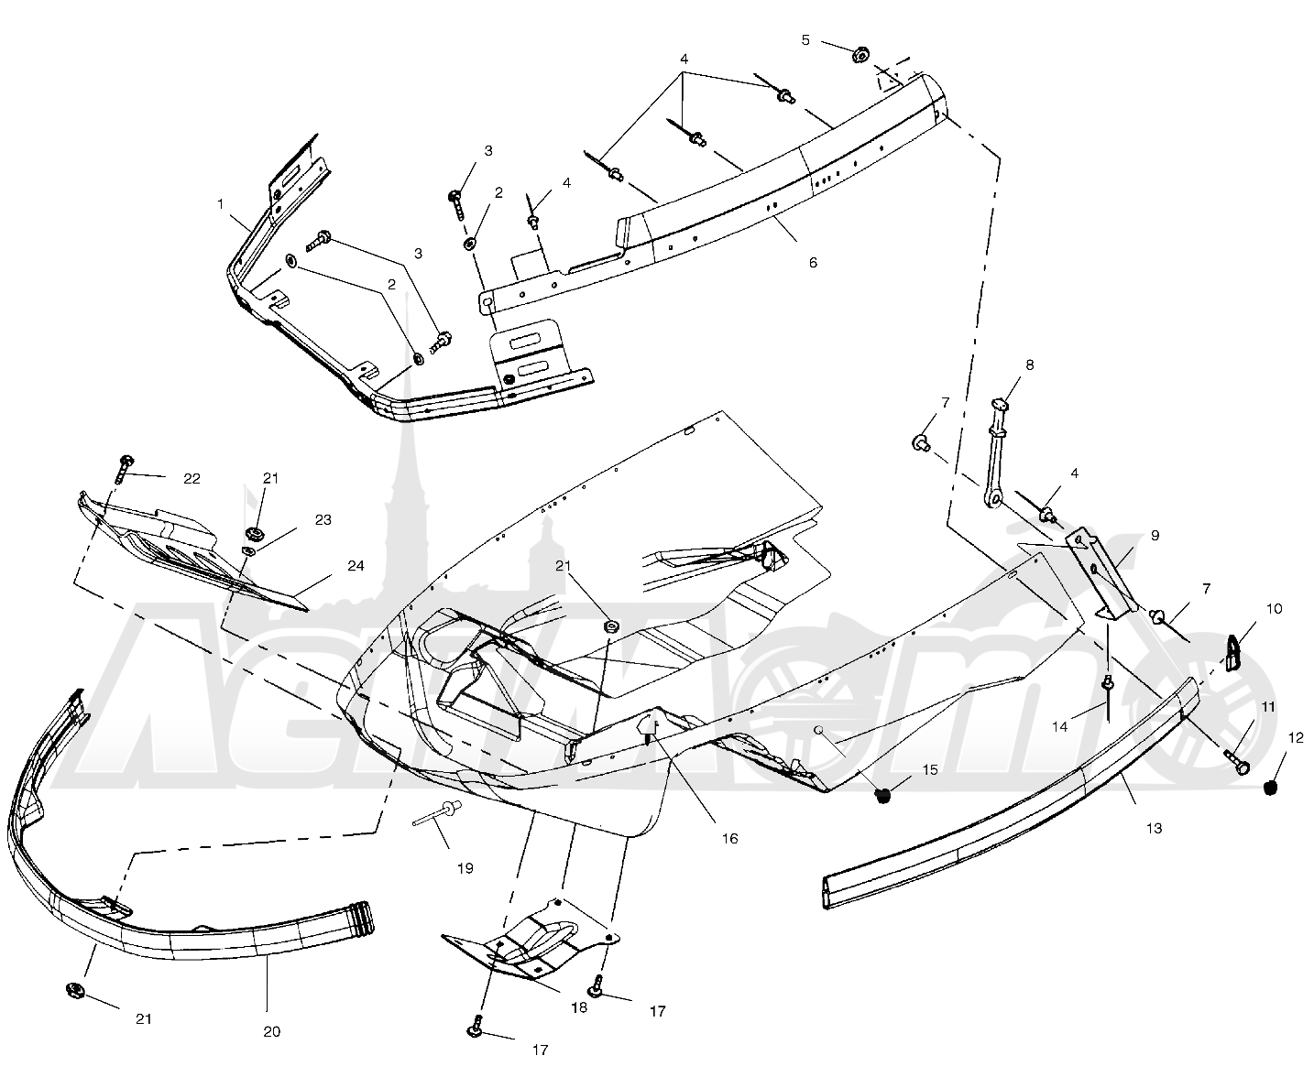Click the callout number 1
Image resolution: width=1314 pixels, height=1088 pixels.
220,203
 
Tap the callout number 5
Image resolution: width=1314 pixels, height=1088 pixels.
805,41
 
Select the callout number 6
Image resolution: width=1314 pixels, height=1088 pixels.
813,262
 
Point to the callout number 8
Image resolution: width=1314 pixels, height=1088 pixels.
1030,364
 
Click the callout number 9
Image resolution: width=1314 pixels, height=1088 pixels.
1155,536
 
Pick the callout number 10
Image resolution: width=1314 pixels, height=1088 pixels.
1274,609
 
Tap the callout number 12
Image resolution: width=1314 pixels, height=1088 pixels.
1296,738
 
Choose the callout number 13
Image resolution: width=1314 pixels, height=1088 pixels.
1155,829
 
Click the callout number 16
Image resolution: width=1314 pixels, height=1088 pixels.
729,838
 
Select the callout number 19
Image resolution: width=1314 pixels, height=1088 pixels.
465,868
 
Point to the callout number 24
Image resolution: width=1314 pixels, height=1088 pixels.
356,566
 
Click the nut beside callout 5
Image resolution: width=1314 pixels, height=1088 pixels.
860,55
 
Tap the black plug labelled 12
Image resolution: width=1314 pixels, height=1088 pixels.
1271,788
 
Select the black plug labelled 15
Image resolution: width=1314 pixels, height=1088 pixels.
883,796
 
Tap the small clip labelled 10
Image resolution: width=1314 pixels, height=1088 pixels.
1233,653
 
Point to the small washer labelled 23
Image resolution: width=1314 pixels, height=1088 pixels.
249,551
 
